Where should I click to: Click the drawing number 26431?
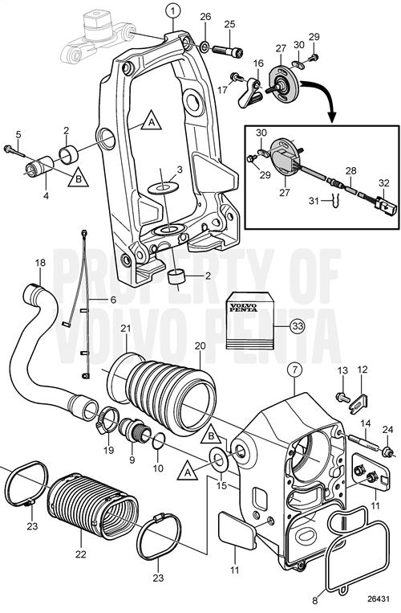[x=379, y=599]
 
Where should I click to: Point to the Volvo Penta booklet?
[x=249, y=320]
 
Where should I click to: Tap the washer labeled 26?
[x=205, y=47]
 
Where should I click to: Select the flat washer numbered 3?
[x=162, y=187]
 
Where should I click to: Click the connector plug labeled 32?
[x=385, y=206]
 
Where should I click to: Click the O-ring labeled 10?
[x=158, y=442]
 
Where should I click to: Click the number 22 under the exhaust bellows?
[x=81, y=554]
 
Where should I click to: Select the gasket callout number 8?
[x=315, y=600]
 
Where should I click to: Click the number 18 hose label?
[x=40, y=263]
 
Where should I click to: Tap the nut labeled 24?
[x=388, y=452]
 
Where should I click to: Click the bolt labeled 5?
[x=14, y=150]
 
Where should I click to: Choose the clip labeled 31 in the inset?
[x=334, y=200]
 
